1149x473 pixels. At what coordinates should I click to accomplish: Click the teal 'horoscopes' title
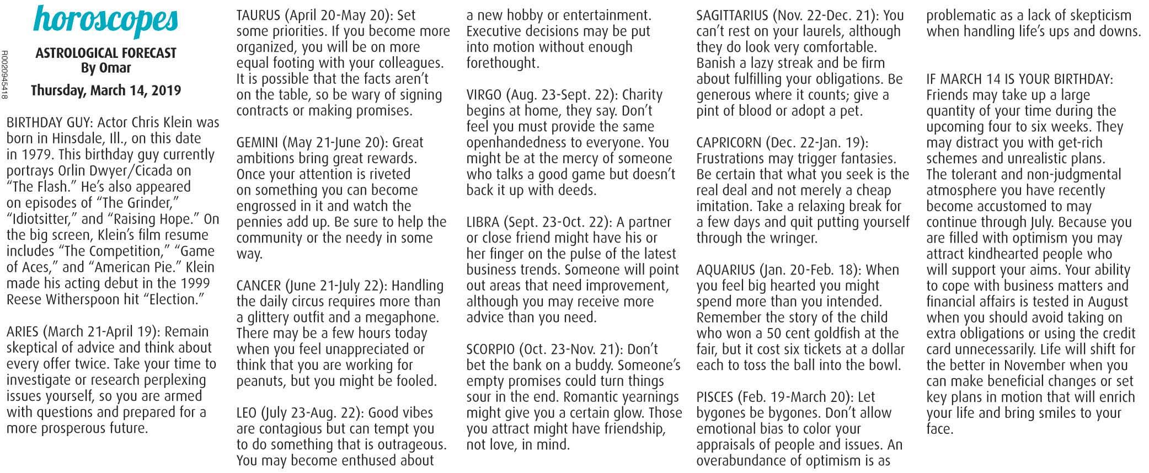[x=106, y=19]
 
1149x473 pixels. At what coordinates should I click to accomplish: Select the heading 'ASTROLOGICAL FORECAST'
[x=106, y=53]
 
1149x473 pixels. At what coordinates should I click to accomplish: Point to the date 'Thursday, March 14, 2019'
[x=106, y=90]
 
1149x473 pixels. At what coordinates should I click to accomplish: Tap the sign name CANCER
[x=259, y=287]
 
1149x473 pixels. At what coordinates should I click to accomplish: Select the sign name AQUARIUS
[x=725, y=271]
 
